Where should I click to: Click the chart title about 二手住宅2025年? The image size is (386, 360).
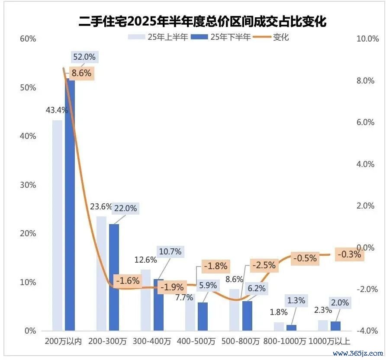(x=203, y=21)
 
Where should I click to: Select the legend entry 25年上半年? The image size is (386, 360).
(x=158, y=37)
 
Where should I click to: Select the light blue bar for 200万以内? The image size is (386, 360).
(x=57, y=225)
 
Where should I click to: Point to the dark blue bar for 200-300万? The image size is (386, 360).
(x=114, y=277)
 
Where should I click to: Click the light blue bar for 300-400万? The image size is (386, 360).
(x=145, y=300)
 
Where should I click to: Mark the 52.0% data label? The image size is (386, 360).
(x=84, y=57)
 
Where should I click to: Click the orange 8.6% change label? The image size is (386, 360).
(x=82, y=73)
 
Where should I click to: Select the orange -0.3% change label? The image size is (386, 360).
(x=349, y=254)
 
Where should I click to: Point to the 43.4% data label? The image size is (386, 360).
(x=57, y=110)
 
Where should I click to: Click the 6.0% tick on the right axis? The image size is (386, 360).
(x=364, y=122)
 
